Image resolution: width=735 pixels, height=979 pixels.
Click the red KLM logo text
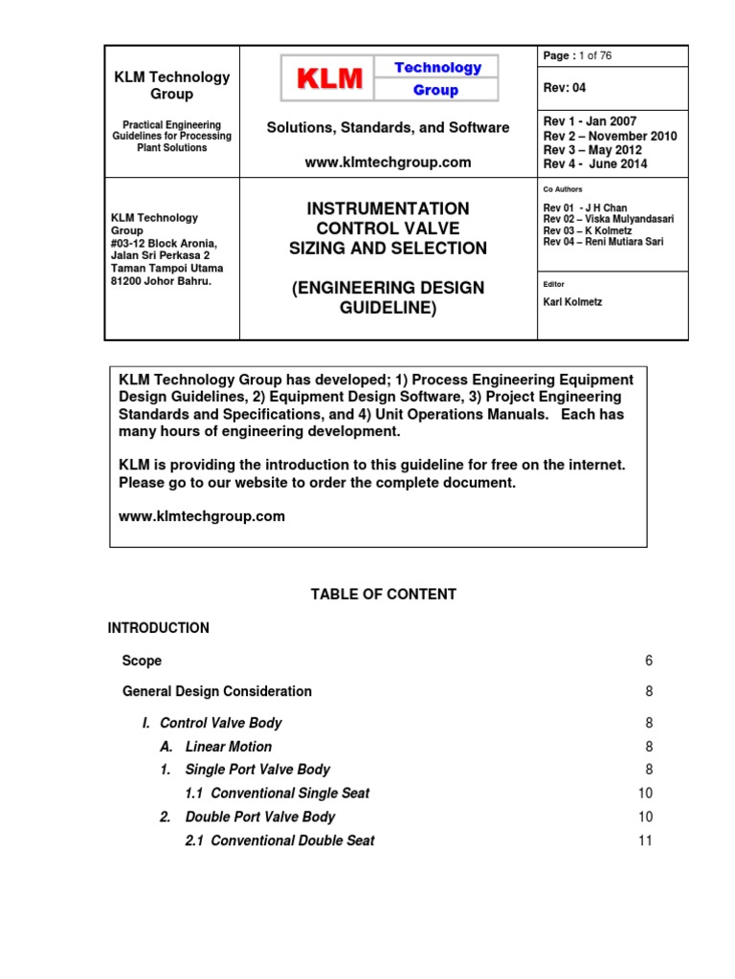(326, 79)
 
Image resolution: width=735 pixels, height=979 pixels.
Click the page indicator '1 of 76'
(587, 55)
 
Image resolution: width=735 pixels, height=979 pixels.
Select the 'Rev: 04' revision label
(565, 88)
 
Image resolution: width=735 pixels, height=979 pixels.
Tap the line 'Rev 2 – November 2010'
(610, 136)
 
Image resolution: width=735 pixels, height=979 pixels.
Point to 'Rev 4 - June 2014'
(594, 163)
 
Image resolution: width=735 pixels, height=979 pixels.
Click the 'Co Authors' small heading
(563, 189)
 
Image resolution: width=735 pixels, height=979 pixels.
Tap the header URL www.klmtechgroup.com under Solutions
(388, 163)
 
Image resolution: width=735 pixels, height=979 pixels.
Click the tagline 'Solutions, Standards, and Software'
(388, 127)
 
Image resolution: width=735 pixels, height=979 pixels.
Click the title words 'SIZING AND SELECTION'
(388, 249)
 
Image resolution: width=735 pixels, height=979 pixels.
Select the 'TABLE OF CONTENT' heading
(383, 595)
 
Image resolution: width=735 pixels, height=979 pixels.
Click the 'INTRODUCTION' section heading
(158, 628)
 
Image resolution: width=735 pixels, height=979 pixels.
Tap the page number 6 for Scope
(648, 661)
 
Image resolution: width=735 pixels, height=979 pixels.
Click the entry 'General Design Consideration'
(217, 691)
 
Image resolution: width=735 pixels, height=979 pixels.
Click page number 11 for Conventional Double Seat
(645, 840)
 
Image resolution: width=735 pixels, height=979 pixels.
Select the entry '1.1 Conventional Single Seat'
(277, 794)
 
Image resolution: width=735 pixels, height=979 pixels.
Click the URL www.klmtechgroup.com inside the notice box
(202, 516)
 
